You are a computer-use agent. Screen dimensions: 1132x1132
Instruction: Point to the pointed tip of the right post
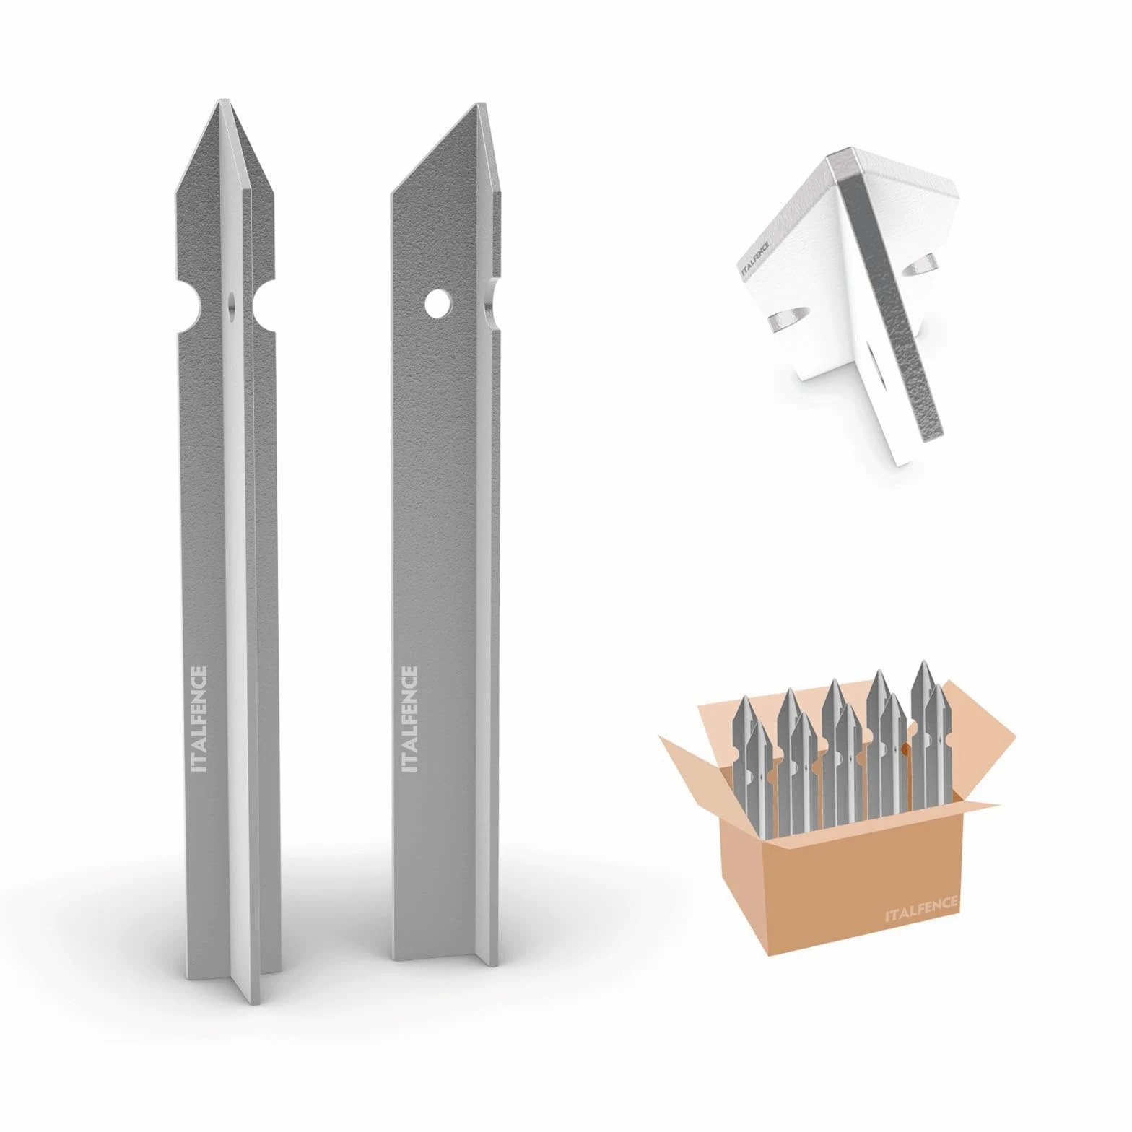point(477,105)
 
